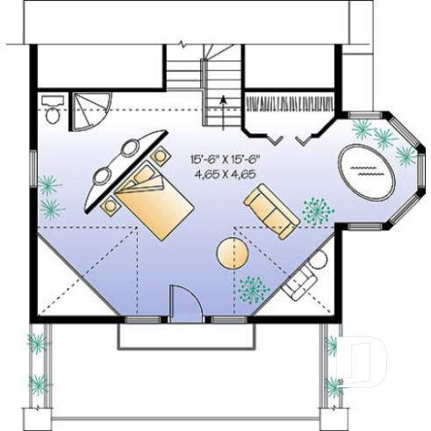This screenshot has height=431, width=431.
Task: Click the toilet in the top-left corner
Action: click(x=52, y=109)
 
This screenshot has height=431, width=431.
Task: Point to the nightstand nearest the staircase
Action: click(x=162, y=156)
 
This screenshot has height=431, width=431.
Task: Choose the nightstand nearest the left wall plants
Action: click(x=111, y=207)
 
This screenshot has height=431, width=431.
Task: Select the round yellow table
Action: click(x=233, y=254)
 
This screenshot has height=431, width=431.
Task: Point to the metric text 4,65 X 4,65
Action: click(x=227, y=175)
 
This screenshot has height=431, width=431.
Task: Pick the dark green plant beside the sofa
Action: click(x=317, y=211)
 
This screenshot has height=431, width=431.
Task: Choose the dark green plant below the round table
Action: click(x=253, y=288)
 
